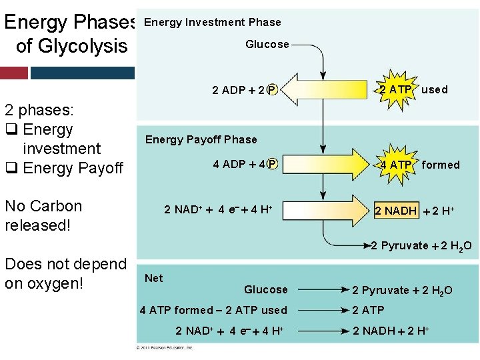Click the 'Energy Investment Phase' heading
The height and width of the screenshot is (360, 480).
(x=212, y=22)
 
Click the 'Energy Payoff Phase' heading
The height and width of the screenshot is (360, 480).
(x=201, y=139)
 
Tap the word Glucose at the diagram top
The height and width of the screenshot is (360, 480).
(x=267, y=45)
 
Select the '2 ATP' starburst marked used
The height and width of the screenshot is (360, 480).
(x=395, y=89)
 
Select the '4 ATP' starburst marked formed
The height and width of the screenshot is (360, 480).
(x=395, y=165)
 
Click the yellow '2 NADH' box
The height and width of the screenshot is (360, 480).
(x=395, y=211)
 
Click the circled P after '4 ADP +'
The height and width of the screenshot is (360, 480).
(x=272, y=164)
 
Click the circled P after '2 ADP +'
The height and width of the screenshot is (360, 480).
(x=272, y=90)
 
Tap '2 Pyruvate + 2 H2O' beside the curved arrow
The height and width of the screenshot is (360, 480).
(x=421, y=246)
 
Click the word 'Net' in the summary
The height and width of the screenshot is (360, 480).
(x=154, y=278)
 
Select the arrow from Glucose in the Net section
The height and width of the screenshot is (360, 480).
(x=318, y=289)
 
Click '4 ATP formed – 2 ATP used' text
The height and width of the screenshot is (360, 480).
(x=213, y=310)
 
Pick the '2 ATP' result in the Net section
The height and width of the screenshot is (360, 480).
(x=368, y=310)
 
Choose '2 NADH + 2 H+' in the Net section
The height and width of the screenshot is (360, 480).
(x=391, y=331)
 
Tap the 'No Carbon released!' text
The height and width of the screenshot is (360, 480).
(x=43, y=215)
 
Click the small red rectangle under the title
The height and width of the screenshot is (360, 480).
(x=14, y=72)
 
